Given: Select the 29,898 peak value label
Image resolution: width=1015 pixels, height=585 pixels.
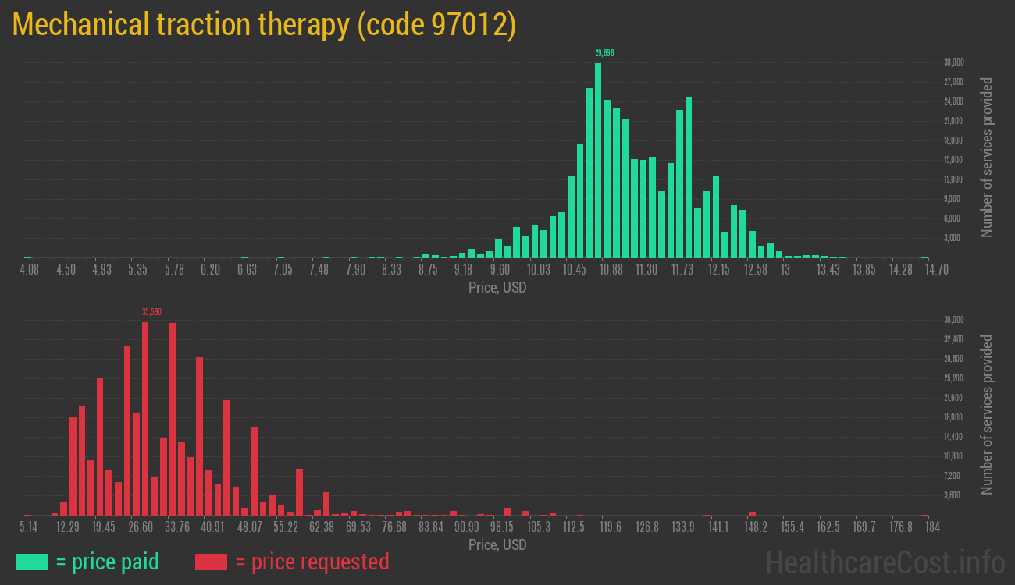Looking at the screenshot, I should coord(604,53).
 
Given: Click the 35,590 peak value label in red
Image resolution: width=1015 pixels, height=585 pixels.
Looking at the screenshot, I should coord(151,312).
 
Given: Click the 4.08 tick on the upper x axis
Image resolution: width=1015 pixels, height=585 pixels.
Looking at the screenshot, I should coord(29,269).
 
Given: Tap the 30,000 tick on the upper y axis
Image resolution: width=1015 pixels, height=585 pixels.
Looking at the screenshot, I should coord(953,62).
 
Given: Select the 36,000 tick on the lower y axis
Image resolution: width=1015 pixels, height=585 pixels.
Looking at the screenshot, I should coord(953,320).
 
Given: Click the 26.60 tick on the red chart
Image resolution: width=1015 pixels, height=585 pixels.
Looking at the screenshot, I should coord(141,527).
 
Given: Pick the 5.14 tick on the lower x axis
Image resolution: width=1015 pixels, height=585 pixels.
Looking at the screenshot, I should coord(29,527).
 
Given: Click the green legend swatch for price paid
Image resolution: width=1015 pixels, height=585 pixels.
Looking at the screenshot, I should coord(31,562).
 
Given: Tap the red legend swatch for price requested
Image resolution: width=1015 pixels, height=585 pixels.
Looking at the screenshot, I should coord(211,562).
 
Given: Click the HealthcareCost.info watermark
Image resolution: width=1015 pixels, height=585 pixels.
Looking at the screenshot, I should coord(885,562).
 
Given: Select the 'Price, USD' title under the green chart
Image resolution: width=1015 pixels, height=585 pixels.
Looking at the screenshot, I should coord(497,288).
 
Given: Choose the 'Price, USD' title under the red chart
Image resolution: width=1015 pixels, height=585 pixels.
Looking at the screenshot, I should coord(497,545).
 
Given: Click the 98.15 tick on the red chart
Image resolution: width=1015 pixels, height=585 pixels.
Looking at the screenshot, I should coord(502,527).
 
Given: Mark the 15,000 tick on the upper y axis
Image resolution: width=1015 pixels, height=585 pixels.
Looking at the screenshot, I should coord(953,160).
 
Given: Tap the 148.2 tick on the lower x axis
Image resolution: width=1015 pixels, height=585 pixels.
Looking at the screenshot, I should coord(756,527).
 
